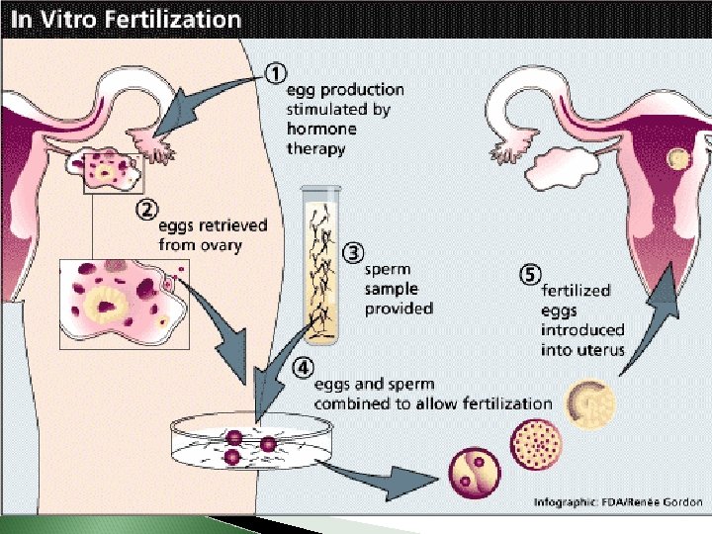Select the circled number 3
pos(351,253)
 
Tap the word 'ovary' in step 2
pos(222,243)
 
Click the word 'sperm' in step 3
pos(388,268)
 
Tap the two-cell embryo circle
pos(474,472)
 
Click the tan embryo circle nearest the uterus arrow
pos(590,403)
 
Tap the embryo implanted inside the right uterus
pos(679,158)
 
